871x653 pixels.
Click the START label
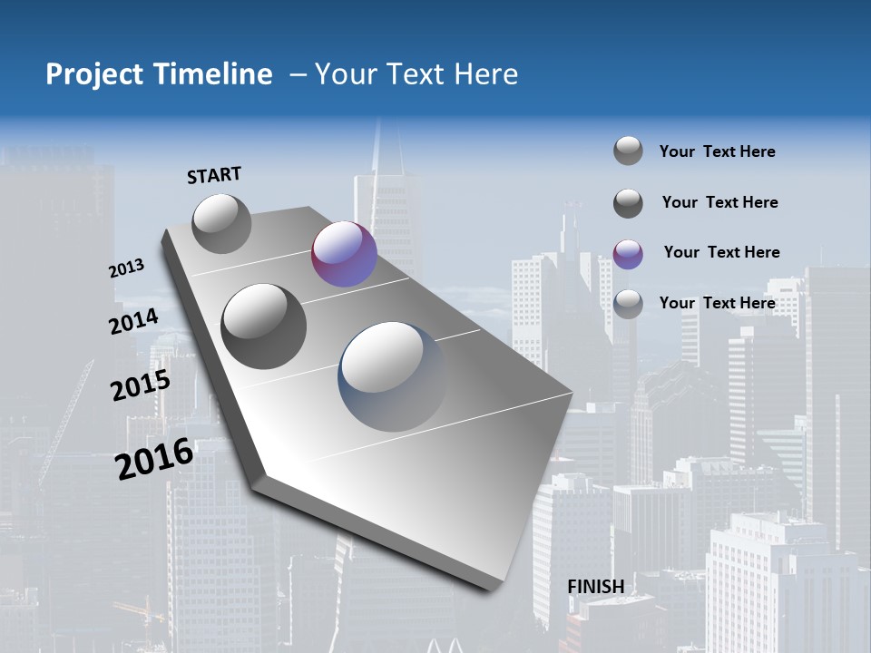214,175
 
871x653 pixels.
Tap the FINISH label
595,587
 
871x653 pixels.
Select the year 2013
126,268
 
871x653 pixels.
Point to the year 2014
133,322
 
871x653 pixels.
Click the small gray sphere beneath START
221,223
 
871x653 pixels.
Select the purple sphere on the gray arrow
344,254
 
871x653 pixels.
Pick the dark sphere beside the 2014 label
264,326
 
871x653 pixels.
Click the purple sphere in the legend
628,254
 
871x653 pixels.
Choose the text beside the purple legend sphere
721,252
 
